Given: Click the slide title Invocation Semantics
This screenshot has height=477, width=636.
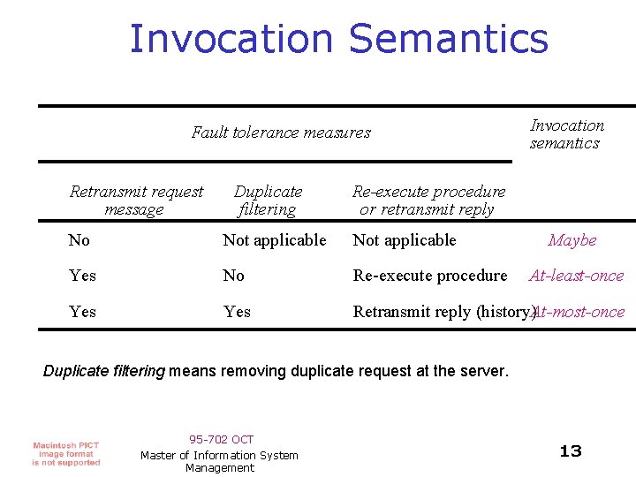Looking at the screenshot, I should (338, 39).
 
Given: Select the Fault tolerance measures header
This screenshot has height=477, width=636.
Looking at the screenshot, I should (281, 133).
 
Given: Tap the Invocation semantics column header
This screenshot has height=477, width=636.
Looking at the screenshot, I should (566, 134).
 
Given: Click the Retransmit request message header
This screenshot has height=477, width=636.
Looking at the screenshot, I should (136, 201).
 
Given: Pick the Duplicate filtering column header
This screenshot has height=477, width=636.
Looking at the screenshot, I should (268, 201).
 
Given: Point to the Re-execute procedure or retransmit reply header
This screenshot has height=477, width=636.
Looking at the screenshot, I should (428, 201).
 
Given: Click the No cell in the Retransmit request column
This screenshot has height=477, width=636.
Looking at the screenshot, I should (79, 240).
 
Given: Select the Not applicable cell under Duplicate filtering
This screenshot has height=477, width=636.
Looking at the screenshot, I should (274, 240).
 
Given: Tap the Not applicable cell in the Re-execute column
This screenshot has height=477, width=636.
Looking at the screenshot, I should (404, 240).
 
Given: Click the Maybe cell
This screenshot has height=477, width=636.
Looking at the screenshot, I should (572, 240).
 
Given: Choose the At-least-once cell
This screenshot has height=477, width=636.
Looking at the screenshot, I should (576, 276).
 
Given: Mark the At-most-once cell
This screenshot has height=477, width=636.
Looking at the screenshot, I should (581, 312).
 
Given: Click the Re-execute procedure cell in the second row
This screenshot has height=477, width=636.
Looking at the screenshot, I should (429, 276).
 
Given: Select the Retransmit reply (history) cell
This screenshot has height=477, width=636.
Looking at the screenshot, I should (442, 312).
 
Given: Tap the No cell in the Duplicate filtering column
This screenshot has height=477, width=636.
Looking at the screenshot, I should (233, 276).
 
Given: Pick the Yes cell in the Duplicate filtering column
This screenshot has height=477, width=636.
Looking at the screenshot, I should (237, 312).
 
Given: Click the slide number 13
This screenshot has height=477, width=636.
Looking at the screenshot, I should (571, 451).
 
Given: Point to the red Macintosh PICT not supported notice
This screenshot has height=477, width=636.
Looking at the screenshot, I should (66, 453).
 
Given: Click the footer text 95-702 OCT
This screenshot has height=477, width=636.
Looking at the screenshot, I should (221, 439).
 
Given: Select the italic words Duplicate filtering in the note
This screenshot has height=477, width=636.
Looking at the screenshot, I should (103, 371).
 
